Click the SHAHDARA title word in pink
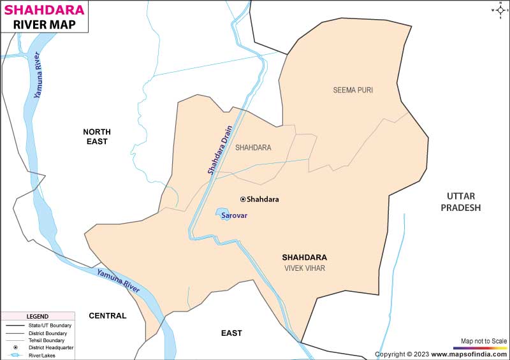[44, 10]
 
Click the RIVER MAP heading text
[44, 25]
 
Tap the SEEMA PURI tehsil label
[353, 90]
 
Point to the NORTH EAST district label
[97, 136]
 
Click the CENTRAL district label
[107, 315]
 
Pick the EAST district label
[231, 333]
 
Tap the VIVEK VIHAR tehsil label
[305, 268]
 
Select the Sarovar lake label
[234, 216]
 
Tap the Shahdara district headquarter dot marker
[243, 199]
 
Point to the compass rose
[498, 10]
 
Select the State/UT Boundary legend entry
[52, 326]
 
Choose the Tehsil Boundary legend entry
[50, 340]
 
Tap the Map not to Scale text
[484, 341]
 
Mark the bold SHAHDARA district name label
[304, 257]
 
